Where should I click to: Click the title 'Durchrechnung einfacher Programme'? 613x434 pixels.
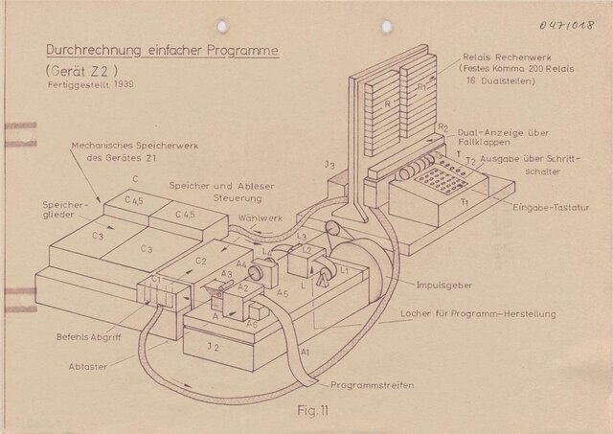pyautogui.click(x=162, y=49)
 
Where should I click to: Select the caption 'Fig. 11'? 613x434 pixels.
pyautogui.click(x=310, y=411)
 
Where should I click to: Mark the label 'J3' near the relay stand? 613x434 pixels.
pyautogui.click(x=329, y=165)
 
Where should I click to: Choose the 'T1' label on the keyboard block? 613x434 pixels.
pyautogui.click(x=462, y=203)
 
